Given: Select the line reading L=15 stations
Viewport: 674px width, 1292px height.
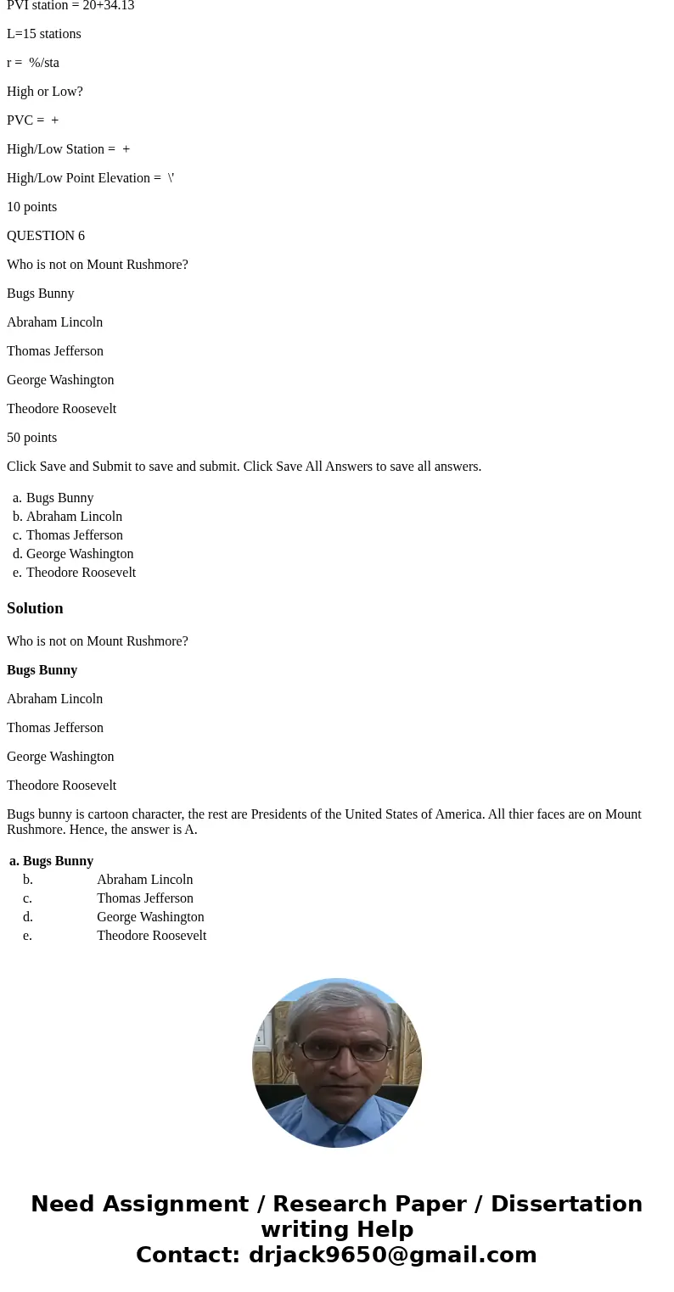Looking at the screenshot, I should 44,34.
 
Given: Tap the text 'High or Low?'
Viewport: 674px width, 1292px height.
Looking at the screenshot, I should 45,92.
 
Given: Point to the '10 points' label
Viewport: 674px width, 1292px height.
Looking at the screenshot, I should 32,207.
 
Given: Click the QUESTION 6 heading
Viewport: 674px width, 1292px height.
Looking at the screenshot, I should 46,236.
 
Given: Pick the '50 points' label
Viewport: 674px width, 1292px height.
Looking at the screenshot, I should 32,438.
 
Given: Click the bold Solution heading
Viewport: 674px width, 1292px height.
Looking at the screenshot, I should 35,608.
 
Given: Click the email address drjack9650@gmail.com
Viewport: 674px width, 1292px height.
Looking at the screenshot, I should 392,1256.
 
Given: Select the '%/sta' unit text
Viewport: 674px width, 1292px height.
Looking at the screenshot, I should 44,63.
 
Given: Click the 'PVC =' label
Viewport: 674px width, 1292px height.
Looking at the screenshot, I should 25,120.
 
